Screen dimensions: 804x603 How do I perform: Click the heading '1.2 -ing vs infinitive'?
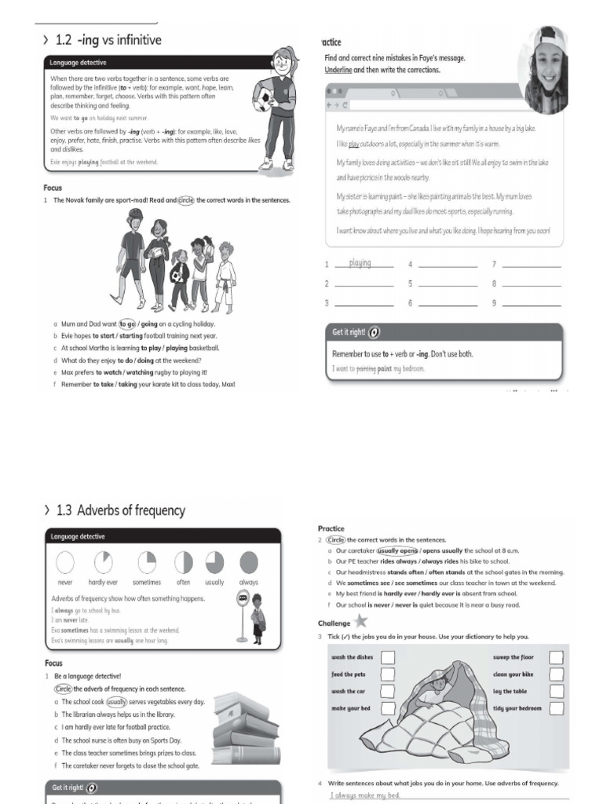tap(109, 39)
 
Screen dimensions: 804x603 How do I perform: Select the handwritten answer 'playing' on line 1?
tap(360, 263)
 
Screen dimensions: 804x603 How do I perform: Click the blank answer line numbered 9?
tap(531, 303)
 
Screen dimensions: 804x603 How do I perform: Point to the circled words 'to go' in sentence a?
tap(127, 323)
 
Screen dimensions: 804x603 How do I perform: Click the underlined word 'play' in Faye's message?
tap(354, 144)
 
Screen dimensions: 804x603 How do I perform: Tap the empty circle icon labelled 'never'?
tap(65, 562)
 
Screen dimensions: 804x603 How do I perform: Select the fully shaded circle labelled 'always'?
tap(248, 562)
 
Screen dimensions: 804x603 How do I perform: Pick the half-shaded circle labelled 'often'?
tap(183, 562)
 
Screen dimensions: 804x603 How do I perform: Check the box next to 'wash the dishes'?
tap(387, 657)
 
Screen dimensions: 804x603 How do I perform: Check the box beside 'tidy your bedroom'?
tap(556, 708)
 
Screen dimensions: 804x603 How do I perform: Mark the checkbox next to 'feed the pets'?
tap(387, 674)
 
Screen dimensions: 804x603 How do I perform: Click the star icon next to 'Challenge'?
tap(360, 621)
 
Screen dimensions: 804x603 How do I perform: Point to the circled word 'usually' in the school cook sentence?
tap(117, 702)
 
